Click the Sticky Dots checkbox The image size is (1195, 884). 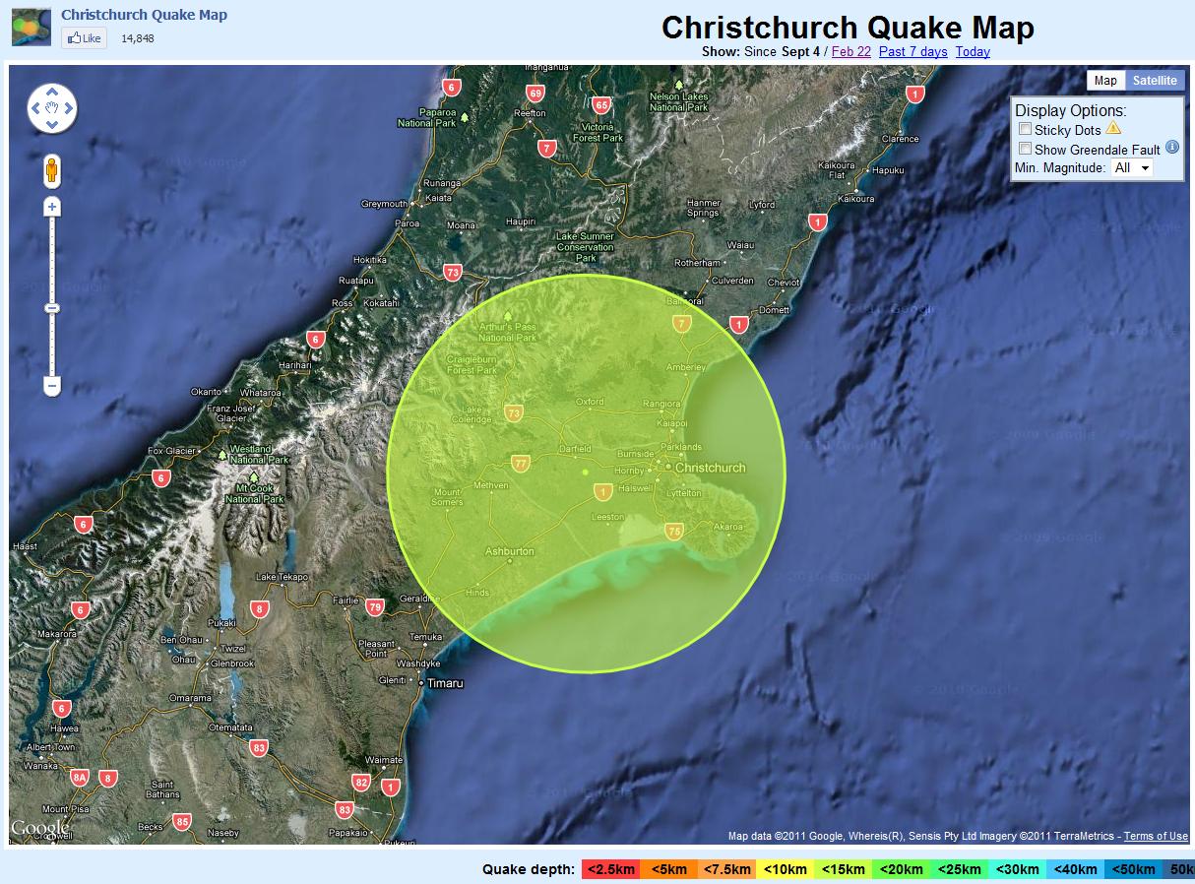click(1025, 129)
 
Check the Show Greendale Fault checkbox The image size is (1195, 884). click(1025, 149)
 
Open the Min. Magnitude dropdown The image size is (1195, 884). click(1131, 168)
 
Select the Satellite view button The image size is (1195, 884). click(1154, 81)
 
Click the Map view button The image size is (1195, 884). click(1105, 81)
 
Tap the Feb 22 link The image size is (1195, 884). click(850, 52)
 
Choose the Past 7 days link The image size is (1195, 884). click(912, 52)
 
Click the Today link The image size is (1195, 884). click(973, 52)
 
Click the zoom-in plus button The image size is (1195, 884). click(52, 207)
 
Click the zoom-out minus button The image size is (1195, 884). click(52, 385)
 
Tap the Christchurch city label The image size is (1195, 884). click(711, 468)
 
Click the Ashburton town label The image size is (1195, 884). click(509, 551)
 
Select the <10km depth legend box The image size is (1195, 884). click(785, 869)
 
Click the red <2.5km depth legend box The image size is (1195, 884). click(609, 869)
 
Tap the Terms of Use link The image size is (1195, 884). click(1156, 837)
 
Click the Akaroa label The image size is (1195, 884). click(727, 527)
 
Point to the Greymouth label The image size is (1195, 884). click(384, 204)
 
